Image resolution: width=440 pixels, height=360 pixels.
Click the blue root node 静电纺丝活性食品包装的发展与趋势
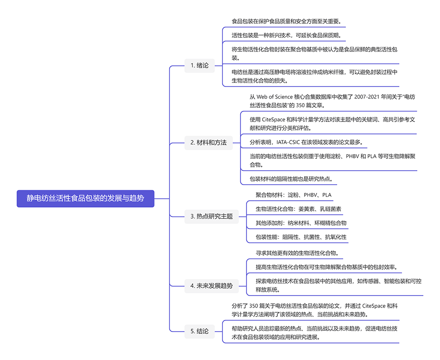(85, 198)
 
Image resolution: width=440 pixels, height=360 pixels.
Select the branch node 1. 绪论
(199, 66)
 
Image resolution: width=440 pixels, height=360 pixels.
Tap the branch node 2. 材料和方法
(209, 143)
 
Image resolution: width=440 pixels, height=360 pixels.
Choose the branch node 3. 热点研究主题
(211, 216)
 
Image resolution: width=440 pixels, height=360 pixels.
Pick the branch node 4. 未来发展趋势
(211, 286)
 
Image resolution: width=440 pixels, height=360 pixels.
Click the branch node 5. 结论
(199, 331)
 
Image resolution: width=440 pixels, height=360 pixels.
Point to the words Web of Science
(275, 97)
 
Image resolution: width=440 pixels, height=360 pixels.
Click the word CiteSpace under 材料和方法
(273, 120)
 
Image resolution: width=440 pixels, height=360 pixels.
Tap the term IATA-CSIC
(288, 142)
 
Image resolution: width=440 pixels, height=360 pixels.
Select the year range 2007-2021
(366, 97)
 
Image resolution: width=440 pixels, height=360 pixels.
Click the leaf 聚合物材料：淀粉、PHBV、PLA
(293, 195)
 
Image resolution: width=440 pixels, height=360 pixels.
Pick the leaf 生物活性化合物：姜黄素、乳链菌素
(299, 209)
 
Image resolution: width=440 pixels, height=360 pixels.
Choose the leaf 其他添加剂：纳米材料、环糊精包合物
(301, 223)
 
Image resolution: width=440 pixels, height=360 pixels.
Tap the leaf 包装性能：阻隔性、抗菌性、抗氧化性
(301, 237)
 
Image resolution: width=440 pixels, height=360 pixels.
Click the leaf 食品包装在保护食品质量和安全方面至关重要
(287, 22)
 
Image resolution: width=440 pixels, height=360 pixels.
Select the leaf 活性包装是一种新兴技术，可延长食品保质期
(287, 35)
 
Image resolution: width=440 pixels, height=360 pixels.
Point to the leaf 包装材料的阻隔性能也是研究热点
(291, 179)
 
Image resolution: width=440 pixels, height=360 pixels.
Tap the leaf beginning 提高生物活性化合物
(327, 267)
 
